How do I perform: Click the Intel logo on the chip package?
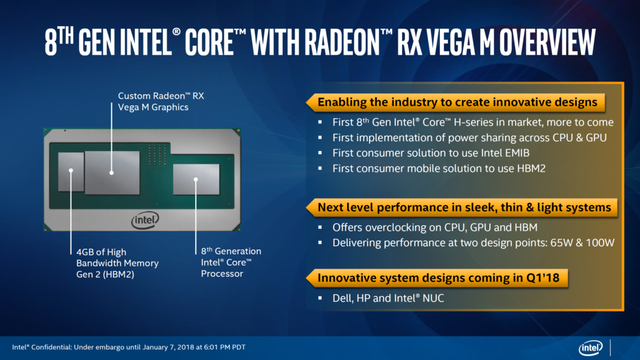[145, 219]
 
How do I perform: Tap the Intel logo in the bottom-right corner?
[590, 348]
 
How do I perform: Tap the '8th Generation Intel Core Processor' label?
[231, 262]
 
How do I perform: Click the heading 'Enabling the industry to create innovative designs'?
[457, 102]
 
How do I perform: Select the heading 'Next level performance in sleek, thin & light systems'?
[464, 207]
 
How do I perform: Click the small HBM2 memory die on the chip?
[70, 170]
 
